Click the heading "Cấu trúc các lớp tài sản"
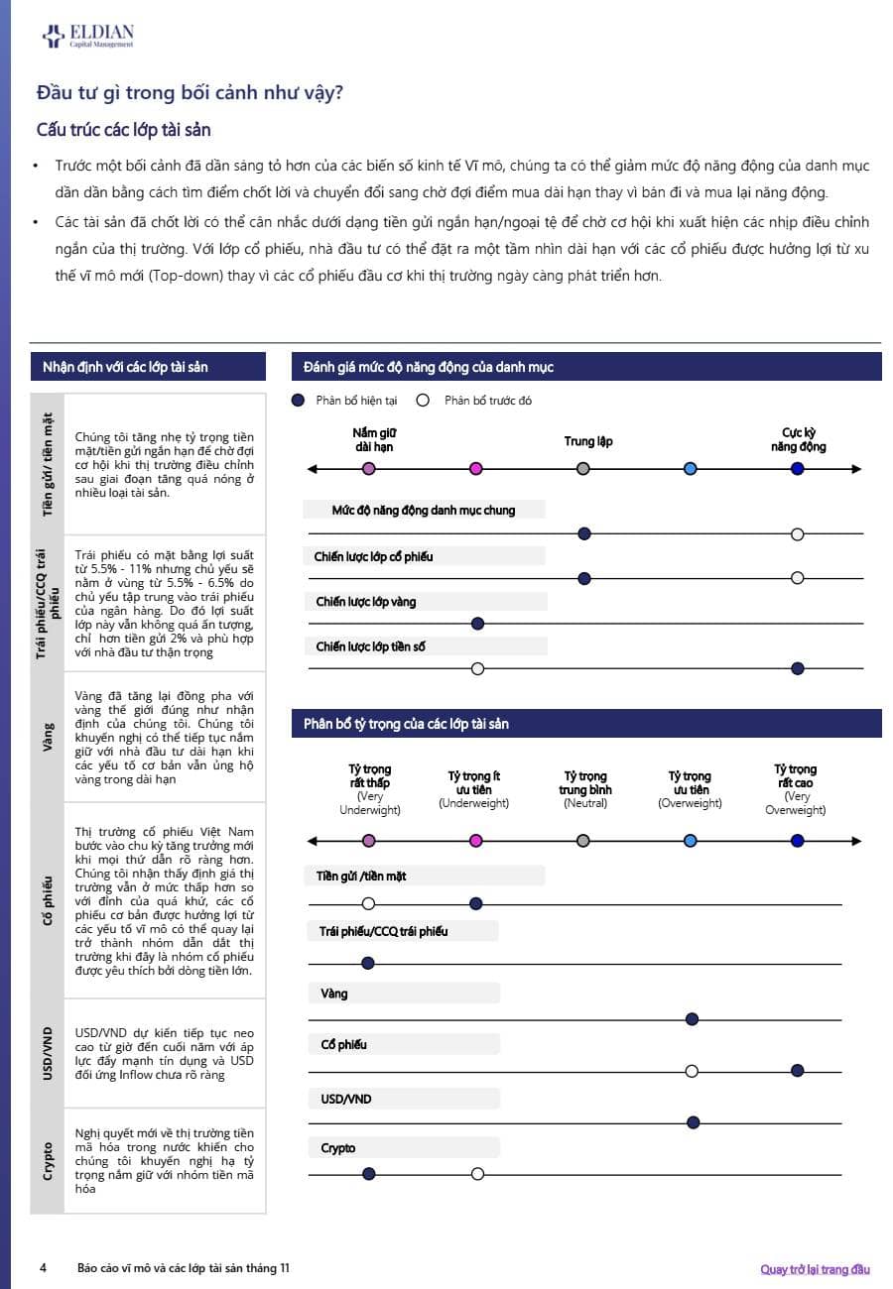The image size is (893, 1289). tap(123, 130)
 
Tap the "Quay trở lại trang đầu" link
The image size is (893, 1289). tap(815, 1269)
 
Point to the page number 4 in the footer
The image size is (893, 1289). tap(43, 1268)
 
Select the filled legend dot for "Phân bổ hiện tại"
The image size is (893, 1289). tap(298, 401)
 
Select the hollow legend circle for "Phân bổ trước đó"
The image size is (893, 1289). tap(423, 401)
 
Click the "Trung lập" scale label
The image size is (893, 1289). tap(588, 441)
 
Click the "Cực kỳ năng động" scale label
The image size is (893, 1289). tap(798, 439)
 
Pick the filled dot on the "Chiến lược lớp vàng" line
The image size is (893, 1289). tap(477, 624)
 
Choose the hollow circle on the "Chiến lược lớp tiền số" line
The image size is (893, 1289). tap(477, 669)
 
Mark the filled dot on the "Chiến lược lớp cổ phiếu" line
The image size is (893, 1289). tap(584, 578)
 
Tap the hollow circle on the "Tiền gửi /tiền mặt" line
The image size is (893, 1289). tap(369, 903)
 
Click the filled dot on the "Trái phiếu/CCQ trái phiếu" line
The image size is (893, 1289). tap(369, 963)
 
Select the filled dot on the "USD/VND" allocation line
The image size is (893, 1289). tap(693, 1122)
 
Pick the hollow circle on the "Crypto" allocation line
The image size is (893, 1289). tap(477, 1174)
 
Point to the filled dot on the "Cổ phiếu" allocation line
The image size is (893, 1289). tap(797, 1071)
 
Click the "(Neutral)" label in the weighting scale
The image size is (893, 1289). tap(584, 803)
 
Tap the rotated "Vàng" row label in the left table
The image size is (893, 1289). tap(49, 737)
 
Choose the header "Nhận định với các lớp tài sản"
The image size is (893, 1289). tap(125, 367)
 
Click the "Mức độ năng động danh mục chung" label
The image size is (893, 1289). tap(424, 511)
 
